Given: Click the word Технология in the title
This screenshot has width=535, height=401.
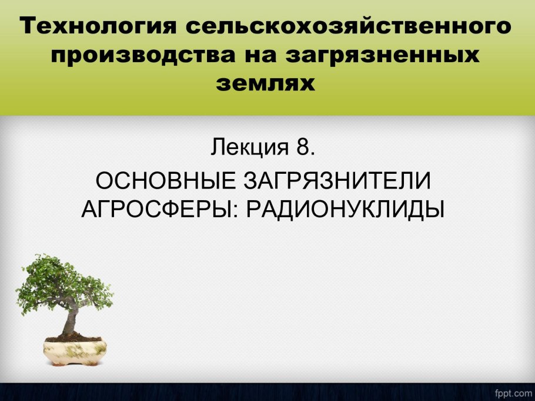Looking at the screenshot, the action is [98, 26].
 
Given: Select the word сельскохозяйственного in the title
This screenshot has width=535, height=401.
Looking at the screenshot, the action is [349, 26].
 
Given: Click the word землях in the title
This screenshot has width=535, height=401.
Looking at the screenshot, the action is [266, 83].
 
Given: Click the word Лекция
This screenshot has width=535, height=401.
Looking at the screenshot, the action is [249, 147].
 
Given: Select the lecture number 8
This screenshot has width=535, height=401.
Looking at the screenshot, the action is [302, 147].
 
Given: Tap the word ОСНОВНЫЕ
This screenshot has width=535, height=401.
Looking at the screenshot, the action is [165, 181].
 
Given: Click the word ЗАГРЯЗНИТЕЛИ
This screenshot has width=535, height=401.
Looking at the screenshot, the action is [337, 181].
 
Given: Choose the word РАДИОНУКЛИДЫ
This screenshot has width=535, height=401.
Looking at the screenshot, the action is [345, 208].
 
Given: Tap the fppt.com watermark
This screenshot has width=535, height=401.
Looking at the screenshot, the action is [513, 393].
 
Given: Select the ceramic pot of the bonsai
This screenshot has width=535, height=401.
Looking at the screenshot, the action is [75, 353].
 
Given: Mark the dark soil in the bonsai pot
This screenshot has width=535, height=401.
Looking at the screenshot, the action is [73, 338].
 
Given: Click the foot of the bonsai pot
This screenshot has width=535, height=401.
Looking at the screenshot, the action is [75, 364].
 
